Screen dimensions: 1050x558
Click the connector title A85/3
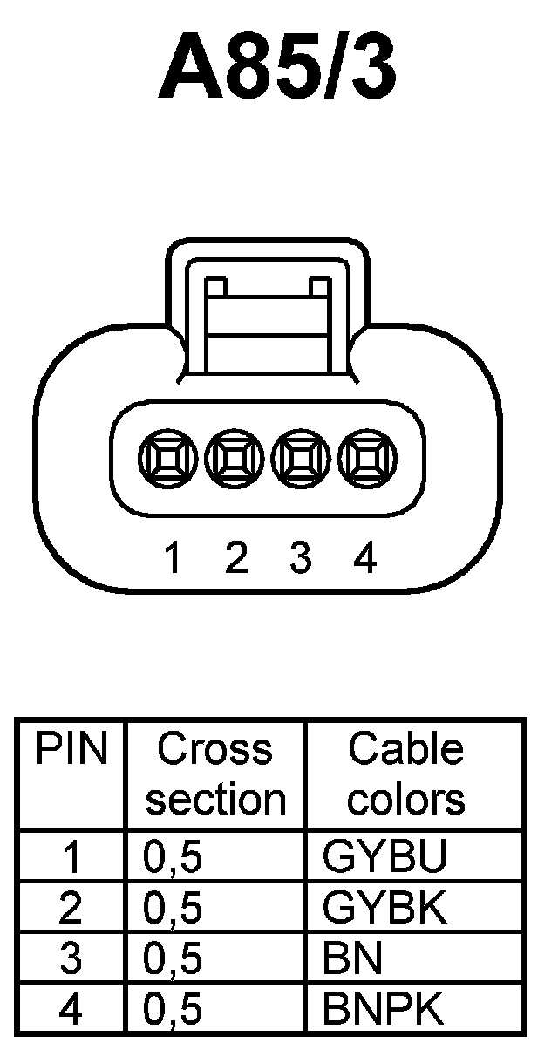point(277,67)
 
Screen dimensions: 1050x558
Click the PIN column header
point(71,750)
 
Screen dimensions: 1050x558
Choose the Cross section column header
point(215,774)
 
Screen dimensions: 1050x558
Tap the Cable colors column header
point(405,774)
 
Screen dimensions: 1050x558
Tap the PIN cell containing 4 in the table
point(71,1009)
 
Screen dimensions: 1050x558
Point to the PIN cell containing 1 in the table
point(71,857)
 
